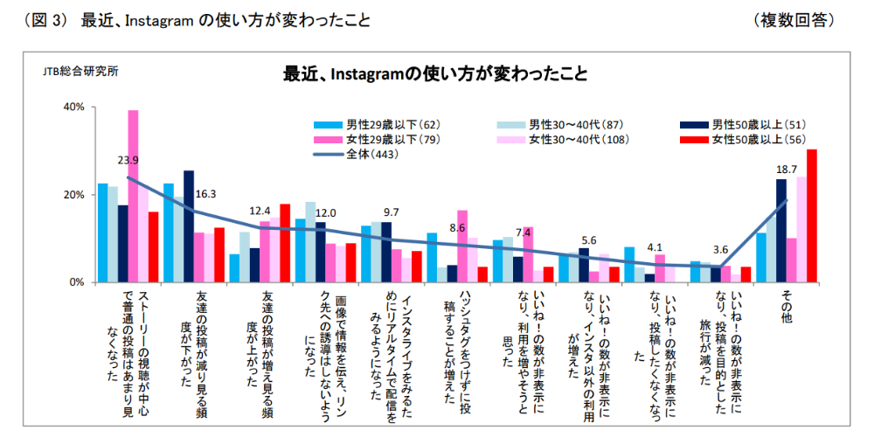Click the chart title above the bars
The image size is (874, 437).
(x=434, y=73)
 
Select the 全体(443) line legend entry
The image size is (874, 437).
(x=359, y=154)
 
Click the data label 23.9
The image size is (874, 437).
(x=128, y=160)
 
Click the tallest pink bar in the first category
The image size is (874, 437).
(x=134, y=196)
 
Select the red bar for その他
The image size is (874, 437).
(x=812, y=216)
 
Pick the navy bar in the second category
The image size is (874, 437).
(x=189, y=226)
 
